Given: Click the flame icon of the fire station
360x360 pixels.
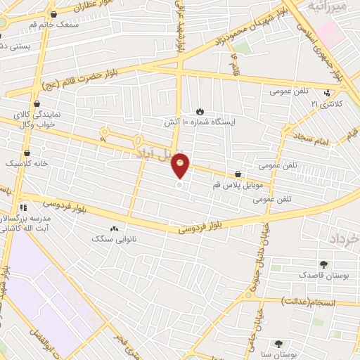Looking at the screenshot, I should click(200, 111).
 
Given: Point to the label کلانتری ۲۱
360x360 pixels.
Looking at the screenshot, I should click(324, 103).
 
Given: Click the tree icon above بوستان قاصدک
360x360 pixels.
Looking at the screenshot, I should click(323, 264).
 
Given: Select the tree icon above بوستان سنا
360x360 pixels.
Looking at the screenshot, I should click(278, 344).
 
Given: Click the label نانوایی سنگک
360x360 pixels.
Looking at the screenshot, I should click(114, 239).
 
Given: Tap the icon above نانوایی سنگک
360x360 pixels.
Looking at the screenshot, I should click(114, 229).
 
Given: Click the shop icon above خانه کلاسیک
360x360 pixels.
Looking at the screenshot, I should click(27, 152).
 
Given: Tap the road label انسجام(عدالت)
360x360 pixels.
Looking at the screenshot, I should click(309, 302).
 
